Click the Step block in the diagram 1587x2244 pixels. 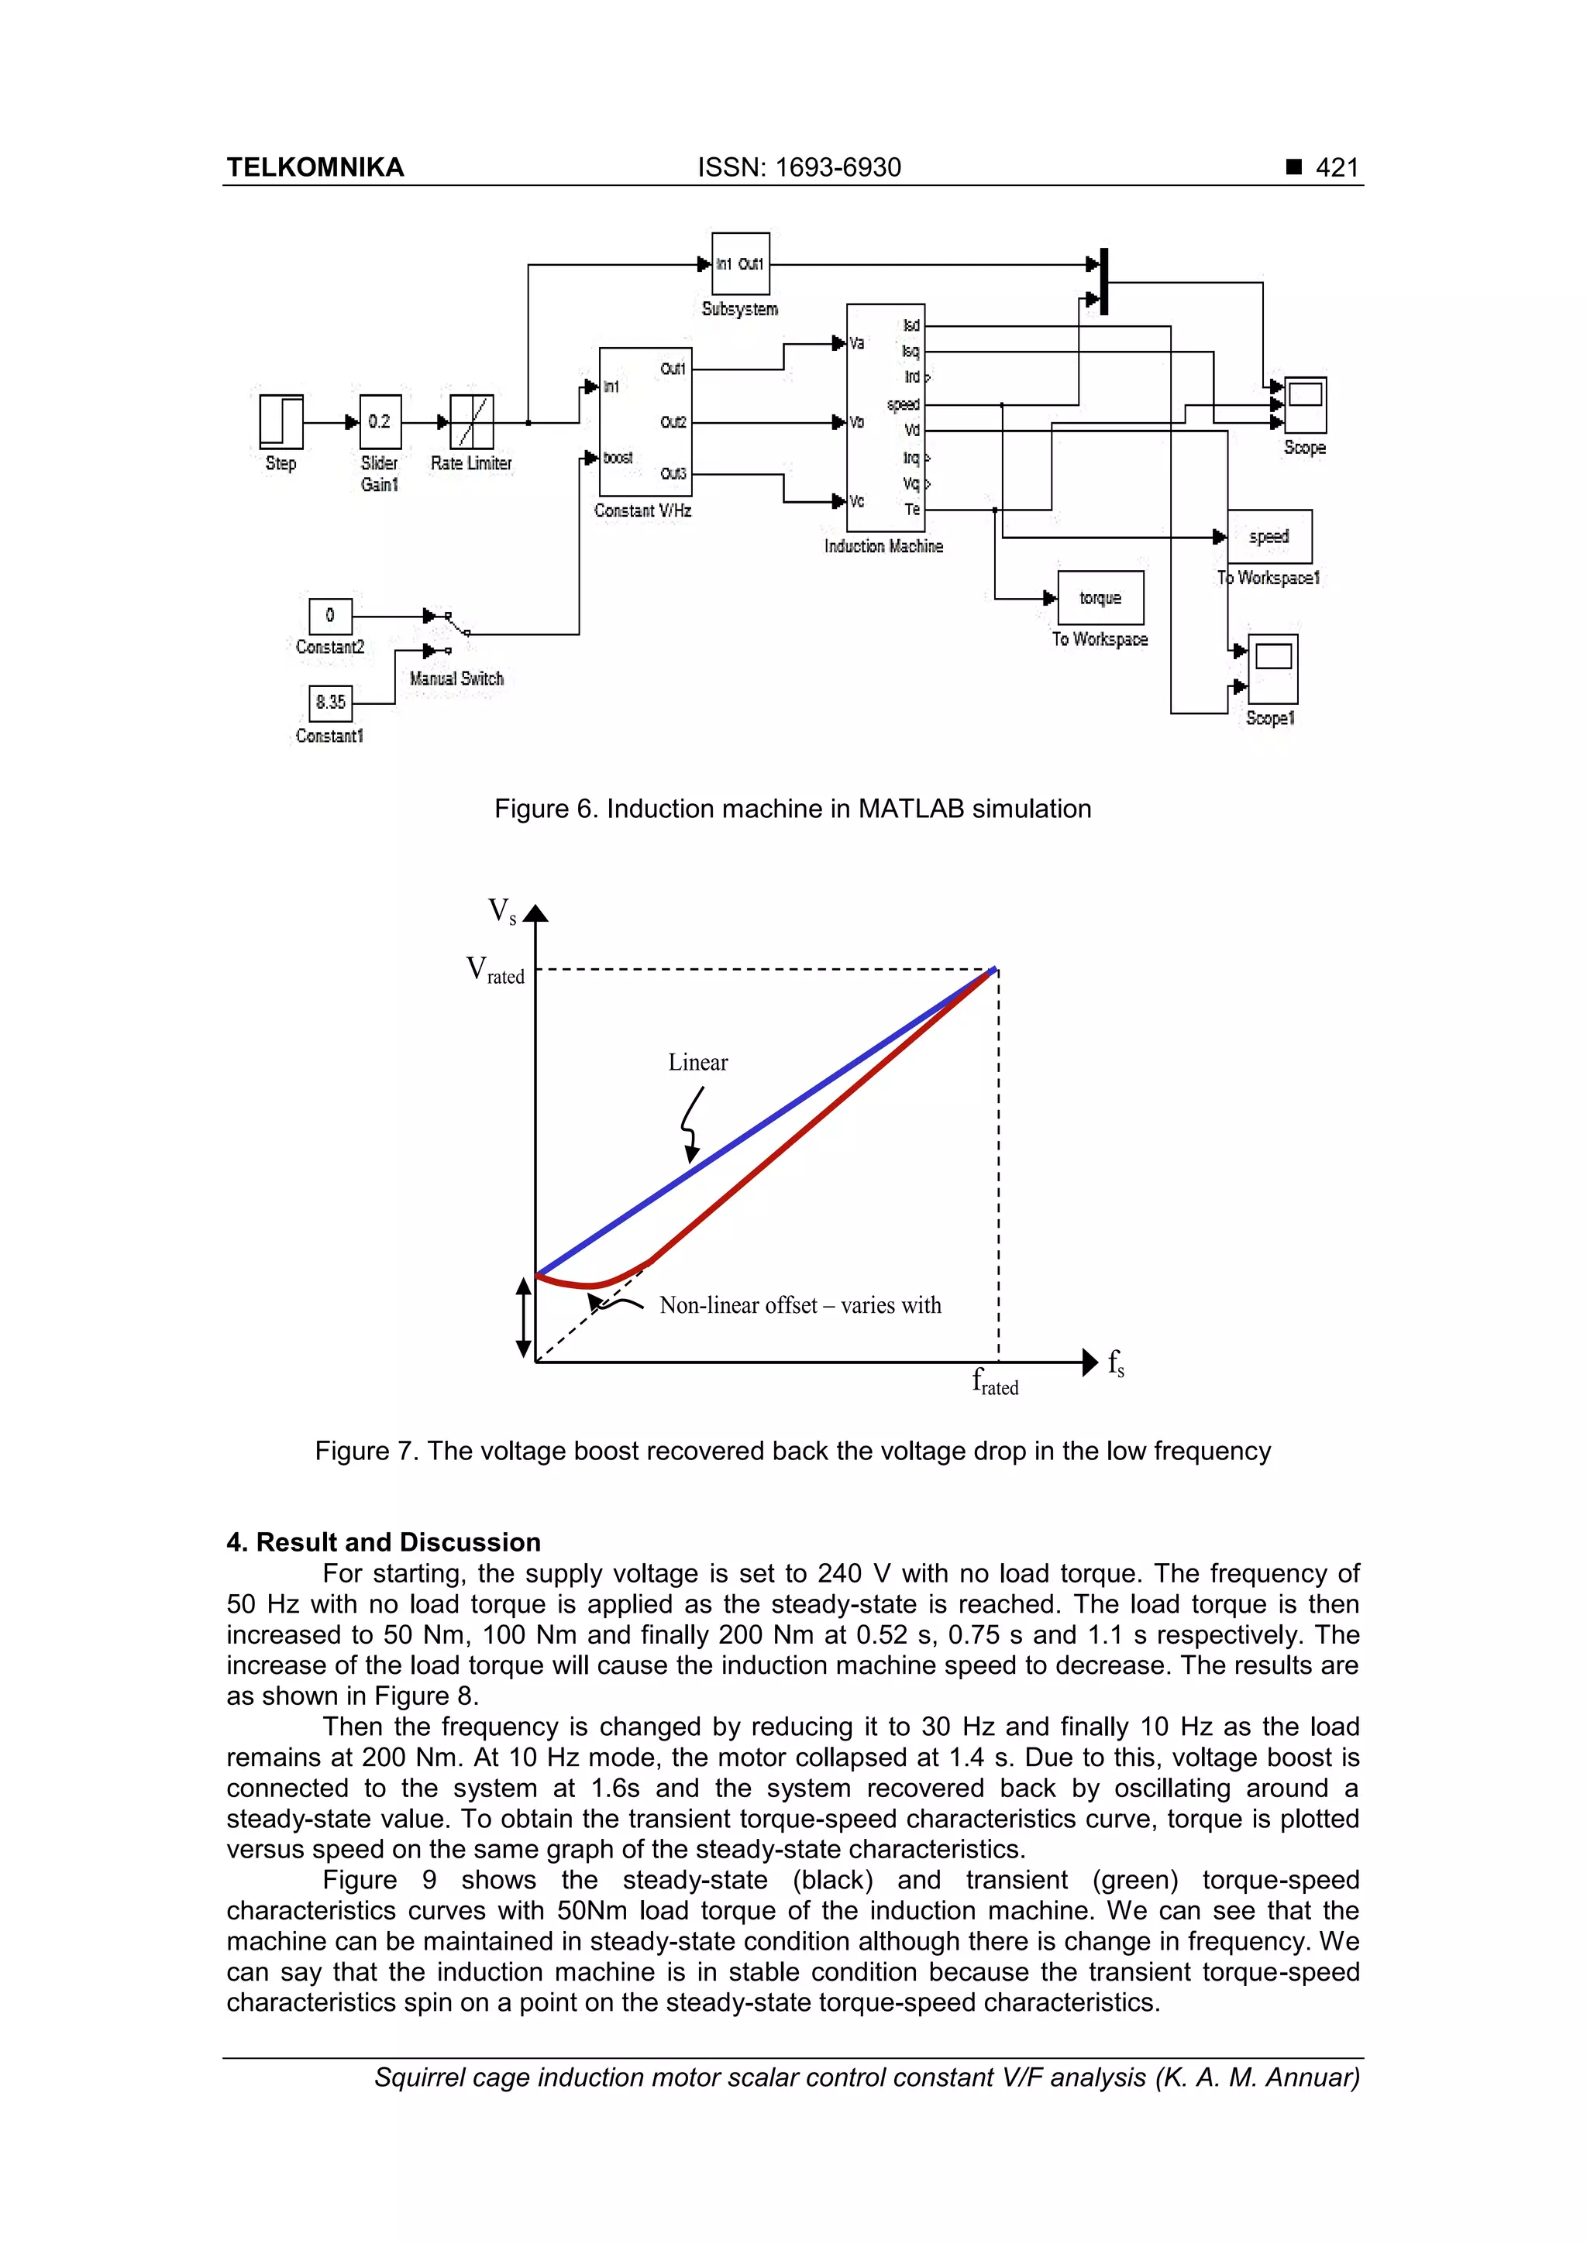pos(281,421)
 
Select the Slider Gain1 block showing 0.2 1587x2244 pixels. pos(380,421)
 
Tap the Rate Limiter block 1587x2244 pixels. pos(471,421)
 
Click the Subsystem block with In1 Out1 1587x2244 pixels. pos(740,264)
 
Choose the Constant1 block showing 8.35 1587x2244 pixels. pos(331,702)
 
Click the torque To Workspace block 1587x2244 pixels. pos(1100,598)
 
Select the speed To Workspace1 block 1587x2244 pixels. pos(1269,537)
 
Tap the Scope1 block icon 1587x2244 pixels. pos(1273,668)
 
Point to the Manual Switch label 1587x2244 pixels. pos(456,679)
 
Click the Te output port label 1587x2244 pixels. pos(911,509)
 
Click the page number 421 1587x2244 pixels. pos(1337,167)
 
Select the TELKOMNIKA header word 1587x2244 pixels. pos(315,167)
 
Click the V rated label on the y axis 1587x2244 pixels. pos(496,971)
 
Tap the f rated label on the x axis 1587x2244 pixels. pos(996,1382)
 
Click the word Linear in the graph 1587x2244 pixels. pos(698,1063)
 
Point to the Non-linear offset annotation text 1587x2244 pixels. pos(800,1306)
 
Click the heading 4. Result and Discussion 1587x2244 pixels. pos(384,1542)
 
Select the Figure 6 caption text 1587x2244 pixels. pos(792,809)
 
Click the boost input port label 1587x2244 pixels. pos(617,458)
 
